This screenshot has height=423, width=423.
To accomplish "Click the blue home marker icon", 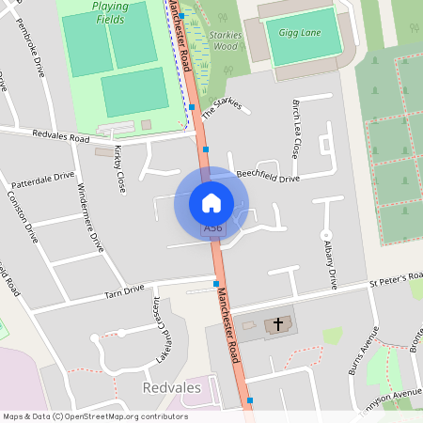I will [211, 202].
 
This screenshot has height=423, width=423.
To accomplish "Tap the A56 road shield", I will [213, 228].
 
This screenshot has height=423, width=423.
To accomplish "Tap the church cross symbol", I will [278, 325].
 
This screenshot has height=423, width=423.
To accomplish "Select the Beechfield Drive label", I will [268, 177].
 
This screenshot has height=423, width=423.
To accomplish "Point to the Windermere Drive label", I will [89, 217].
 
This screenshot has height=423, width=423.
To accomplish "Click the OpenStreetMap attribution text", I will [94, 416].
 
